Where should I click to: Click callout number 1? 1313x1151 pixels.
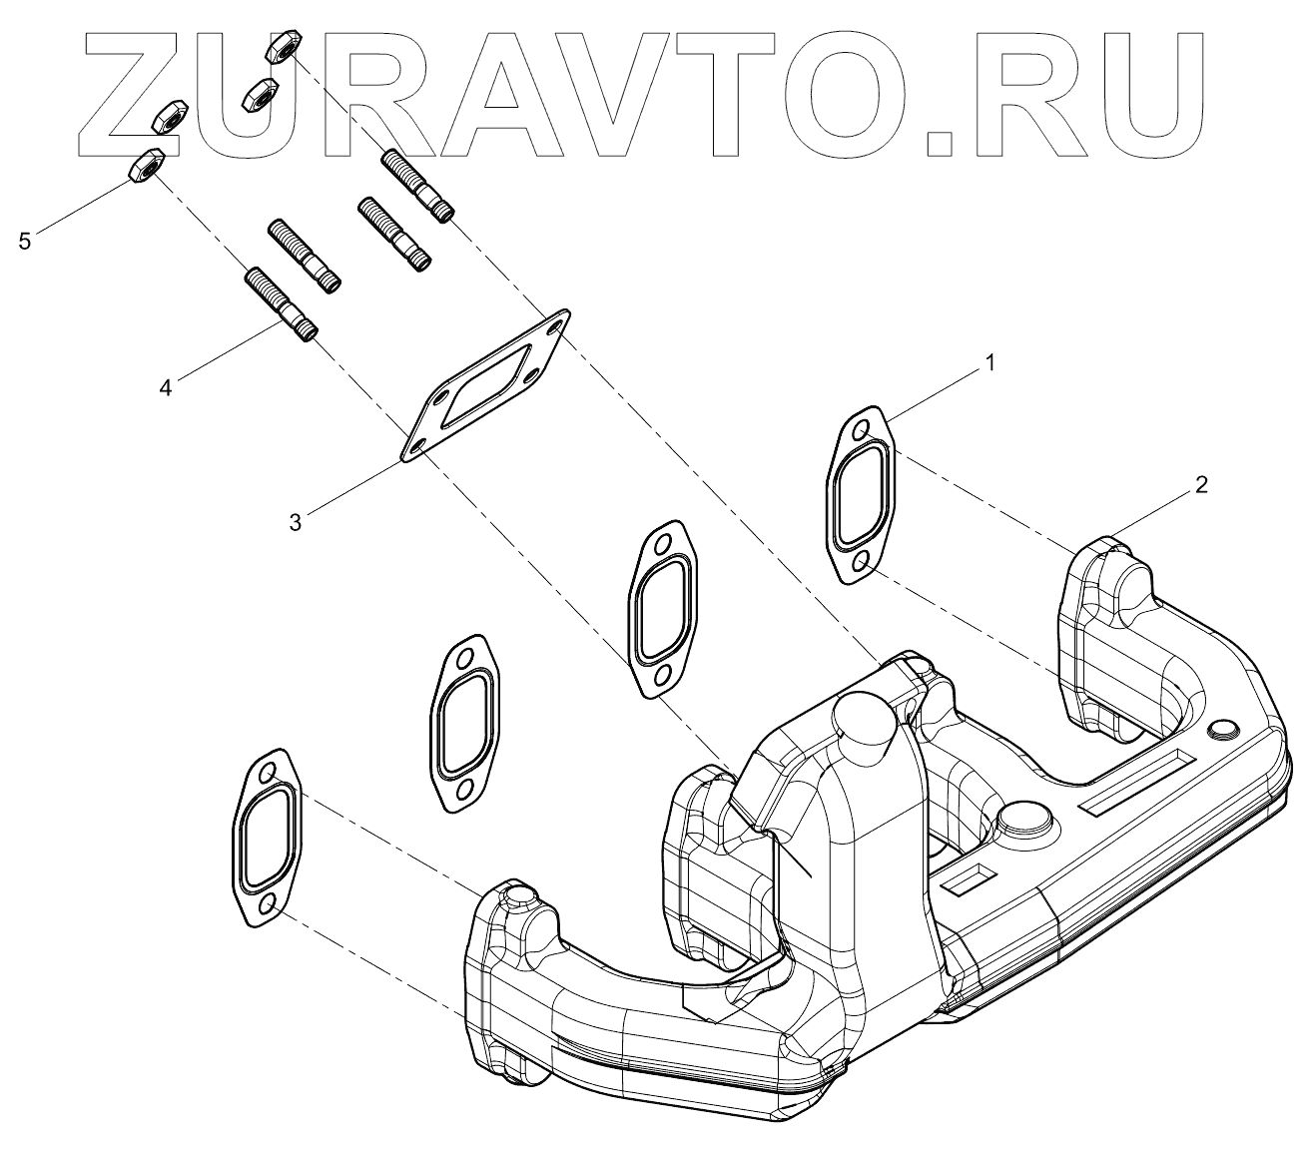click(989, 364)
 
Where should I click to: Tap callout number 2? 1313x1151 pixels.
click(1201, 485)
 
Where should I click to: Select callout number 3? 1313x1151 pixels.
click(296, 521)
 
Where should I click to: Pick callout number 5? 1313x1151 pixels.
click(25, 241)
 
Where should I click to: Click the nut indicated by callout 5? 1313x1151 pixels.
click(146, 167)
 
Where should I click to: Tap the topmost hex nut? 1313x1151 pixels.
click(279, 45)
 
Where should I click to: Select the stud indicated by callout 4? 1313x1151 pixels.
click(281, 303)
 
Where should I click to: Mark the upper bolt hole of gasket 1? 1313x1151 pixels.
click(859, 431)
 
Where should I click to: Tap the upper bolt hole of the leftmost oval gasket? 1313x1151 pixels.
click(267, 775)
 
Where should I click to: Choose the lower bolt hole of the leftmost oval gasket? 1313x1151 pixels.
click(268, 905)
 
